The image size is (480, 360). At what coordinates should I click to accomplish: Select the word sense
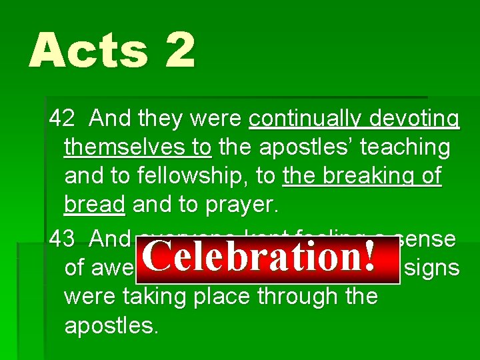tap(427, 237)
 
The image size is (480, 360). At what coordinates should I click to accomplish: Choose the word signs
tap(433, 267)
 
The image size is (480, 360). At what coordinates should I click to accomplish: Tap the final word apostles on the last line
tap(110, 325)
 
